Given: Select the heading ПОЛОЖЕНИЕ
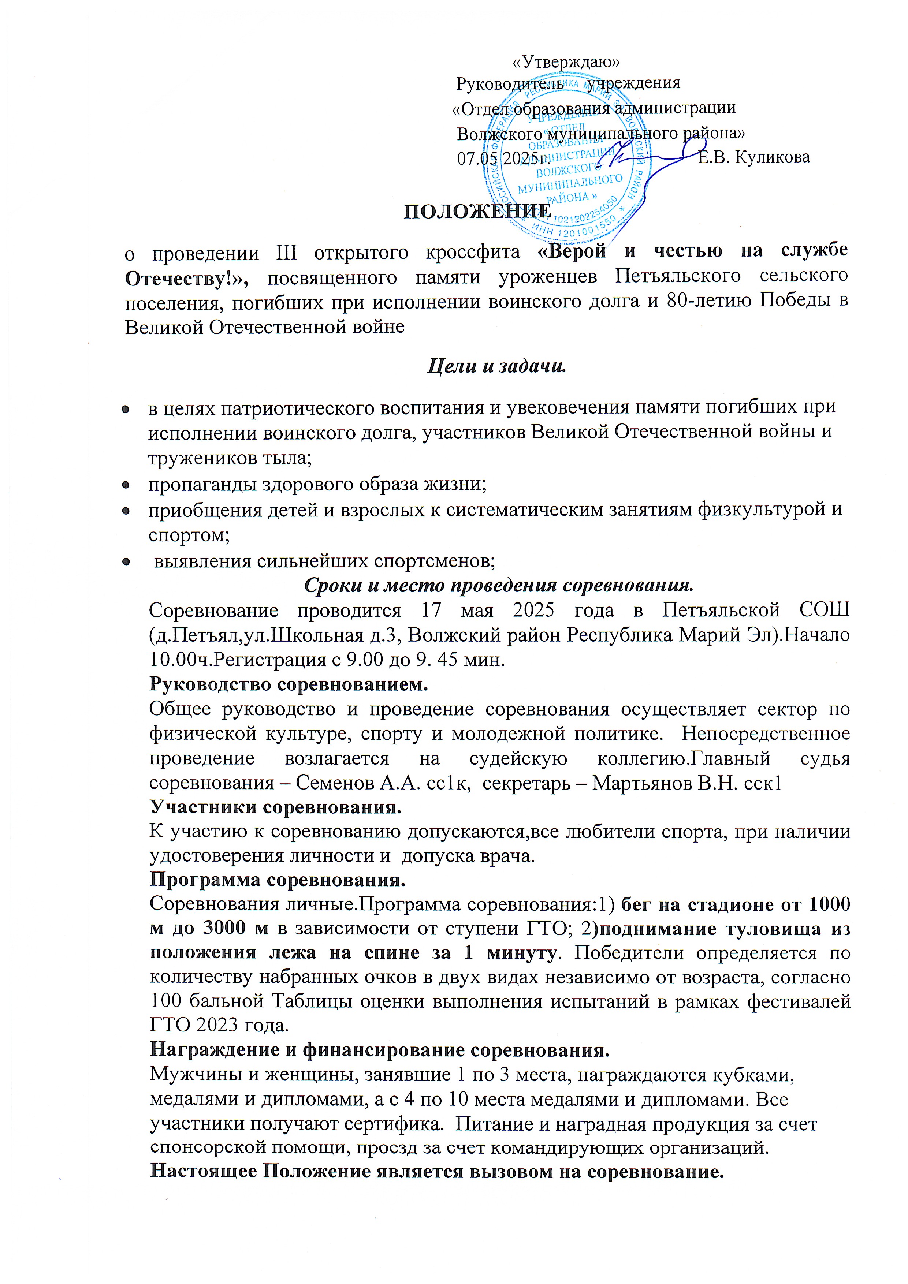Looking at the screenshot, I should click(477, 212).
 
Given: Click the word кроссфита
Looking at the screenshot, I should click(473, 253).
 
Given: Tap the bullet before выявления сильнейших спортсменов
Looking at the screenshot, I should click(126, 561).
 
